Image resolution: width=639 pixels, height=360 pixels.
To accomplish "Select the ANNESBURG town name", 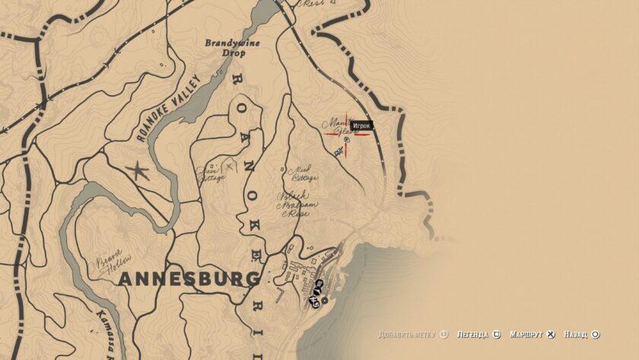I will (x=189, y=279).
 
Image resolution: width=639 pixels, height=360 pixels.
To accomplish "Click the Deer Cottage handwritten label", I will (x=211, y=173).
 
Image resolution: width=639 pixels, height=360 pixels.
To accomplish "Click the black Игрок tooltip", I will (x=361, y=126).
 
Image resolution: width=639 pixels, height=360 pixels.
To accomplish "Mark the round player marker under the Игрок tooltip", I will (x=347, y=139).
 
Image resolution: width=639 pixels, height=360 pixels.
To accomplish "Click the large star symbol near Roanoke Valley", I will (x=138, y=170).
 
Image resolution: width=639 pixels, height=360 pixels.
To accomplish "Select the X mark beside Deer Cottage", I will (x=228, y=164).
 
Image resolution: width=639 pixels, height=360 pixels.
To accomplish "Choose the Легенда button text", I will (x=473, y=334).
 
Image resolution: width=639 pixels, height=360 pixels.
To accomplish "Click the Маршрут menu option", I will (x=526, y=334).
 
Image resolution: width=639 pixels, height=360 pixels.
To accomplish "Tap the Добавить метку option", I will (x=411, y=334).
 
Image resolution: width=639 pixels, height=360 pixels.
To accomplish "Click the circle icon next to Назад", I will (x=596, y=334).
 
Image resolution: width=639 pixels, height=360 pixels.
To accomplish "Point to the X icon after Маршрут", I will (x=551, y=334).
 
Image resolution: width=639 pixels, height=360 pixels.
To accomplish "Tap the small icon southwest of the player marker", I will (x=338, y=152).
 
